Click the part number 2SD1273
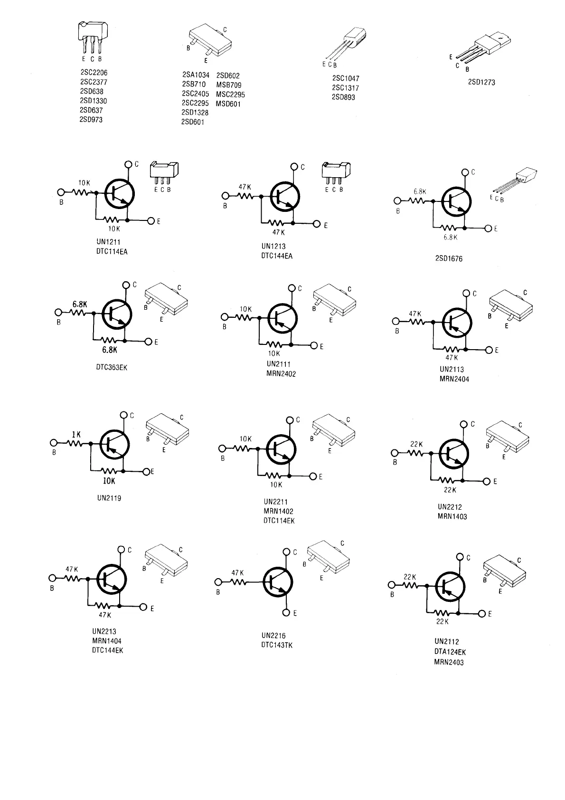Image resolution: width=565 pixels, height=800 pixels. point(481,82)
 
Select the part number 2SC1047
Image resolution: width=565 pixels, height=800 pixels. point(346,78)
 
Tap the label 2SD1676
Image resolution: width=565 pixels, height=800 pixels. point(449,259)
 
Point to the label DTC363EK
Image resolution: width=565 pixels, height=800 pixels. point(112,367)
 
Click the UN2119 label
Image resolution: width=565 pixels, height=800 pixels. point(109,498)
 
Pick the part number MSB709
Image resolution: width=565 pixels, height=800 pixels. point(229,85)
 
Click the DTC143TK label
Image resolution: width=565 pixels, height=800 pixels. point(277,645)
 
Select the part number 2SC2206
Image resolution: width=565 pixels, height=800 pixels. point(94,73)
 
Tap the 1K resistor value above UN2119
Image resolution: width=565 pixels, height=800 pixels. point(76,434)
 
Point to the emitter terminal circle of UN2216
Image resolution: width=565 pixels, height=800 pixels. point(286,612)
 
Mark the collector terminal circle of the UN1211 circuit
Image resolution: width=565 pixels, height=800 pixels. point(128,164)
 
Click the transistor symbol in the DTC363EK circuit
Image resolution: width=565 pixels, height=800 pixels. point(116,314)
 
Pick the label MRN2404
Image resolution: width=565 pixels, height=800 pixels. point(454,379)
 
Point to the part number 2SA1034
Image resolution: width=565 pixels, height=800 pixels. point(196,75)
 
